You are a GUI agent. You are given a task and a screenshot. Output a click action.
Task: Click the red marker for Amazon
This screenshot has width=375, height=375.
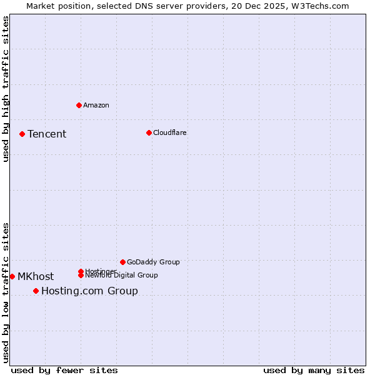79,105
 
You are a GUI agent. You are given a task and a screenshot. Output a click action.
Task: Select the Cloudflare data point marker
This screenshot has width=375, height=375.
149,132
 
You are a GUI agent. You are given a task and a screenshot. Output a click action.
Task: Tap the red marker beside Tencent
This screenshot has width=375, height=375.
22,134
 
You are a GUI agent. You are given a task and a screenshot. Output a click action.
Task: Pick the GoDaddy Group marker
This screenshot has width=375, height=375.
122,262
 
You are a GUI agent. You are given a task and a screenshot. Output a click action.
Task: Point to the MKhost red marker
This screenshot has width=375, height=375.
12,276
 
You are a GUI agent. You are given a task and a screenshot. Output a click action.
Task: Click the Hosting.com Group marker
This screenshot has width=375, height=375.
36,291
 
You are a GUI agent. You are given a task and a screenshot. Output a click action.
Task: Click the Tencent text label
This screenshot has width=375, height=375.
47,134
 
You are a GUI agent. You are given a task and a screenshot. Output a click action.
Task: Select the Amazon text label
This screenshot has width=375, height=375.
96,105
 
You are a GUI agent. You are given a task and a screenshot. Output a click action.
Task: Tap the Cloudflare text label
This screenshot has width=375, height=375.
170,132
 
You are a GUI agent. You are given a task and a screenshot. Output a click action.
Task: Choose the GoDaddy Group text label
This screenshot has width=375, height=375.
153,262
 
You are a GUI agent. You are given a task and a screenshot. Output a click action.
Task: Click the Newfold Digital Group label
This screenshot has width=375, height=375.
122,276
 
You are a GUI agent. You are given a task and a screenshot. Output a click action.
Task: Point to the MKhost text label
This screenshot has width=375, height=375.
36,277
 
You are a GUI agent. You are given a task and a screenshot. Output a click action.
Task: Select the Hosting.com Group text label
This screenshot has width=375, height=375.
89,291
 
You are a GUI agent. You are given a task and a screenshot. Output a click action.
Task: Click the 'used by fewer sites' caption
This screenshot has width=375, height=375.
64,371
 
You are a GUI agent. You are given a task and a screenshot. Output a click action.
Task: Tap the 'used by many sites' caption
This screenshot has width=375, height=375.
314,371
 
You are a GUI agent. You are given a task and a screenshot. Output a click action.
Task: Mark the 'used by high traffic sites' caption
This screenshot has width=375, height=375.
6,89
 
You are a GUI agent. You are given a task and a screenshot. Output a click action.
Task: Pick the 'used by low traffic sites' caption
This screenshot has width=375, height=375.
6,292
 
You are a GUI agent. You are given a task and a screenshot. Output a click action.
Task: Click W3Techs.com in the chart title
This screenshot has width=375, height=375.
320,6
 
